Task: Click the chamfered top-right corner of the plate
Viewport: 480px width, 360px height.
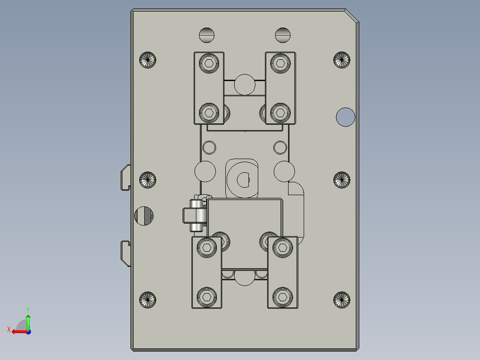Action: (x=351, y=15)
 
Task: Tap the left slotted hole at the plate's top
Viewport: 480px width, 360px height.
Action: (x=207, y=35)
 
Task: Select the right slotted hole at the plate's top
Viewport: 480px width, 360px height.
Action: (x=283, y=35)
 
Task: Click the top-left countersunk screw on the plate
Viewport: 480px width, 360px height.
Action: (x=148, y=60)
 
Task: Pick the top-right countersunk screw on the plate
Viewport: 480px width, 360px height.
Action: (x=342, y=60)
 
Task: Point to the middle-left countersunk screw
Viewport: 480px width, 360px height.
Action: (x=148, y=180)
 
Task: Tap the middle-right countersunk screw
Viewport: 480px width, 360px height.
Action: (x=342, y=180)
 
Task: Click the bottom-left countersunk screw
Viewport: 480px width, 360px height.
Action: (x=148, y=300)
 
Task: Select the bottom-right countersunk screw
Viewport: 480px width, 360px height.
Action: (x=342, y=300)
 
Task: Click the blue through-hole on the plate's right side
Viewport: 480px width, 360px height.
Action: (x=346, y=117)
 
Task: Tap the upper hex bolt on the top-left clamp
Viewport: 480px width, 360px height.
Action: (x=208, y=63)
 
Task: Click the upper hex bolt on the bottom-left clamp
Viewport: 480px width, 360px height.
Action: (x=207, y=247)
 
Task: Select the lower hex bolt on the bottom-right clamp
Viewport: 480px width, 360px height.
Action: (x=282, y=296)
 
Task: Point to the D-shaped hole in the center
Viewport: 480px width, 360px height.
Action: (x=244, y=180)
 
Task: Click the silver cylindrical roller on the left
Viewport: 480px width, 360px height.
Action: (x=197, y=216)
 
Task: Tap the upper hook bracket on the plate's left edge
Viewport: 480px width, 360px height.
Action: (x=126, y=177)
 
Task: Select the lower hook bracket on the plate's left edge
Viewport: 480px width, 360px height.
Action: (x=126, y=253)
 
